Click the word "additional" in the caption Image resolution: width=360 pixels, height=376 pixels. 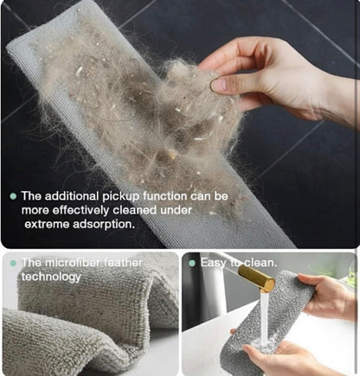[70, 196]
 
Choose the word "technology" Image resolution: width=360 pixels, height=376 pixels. [51, 277]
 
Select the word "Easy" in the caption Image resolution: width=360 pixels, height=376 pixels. [214, 262]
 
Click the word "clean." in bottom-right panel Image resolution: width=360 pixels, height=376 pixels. [260, 262]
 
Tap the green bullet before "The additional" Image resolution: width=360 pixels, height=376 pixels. [12, 196]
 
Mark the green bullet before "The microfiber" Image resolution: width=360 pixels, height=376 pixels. [12, 263]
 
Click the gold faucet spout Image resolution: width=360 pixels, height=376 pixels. [255, 278]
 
